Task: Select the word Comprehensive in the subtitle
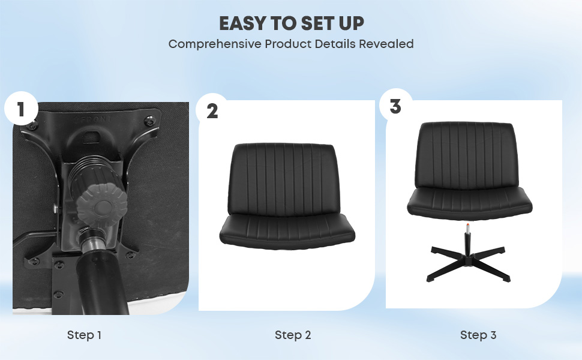coord(215,44)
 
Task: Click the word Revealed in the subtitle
coord(386,44)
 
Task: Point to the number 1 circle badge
coord(21,109)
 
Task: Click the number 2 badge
coord(212,111)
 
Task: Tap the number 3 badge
coord(395,106)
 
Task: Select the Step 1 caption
coord(84,335)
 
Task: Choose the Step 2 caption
coord(293,335)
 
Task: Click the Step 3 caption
coord(478,335)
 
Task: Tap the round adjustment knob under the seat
coord(102,206)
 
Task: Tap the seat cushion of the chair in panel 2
coord(287,232)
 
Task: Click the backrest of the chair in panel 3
coord(466,156)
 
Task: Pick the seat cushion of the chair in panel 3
coord(470,203)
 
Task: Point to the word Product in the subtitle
coord(288,44)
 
